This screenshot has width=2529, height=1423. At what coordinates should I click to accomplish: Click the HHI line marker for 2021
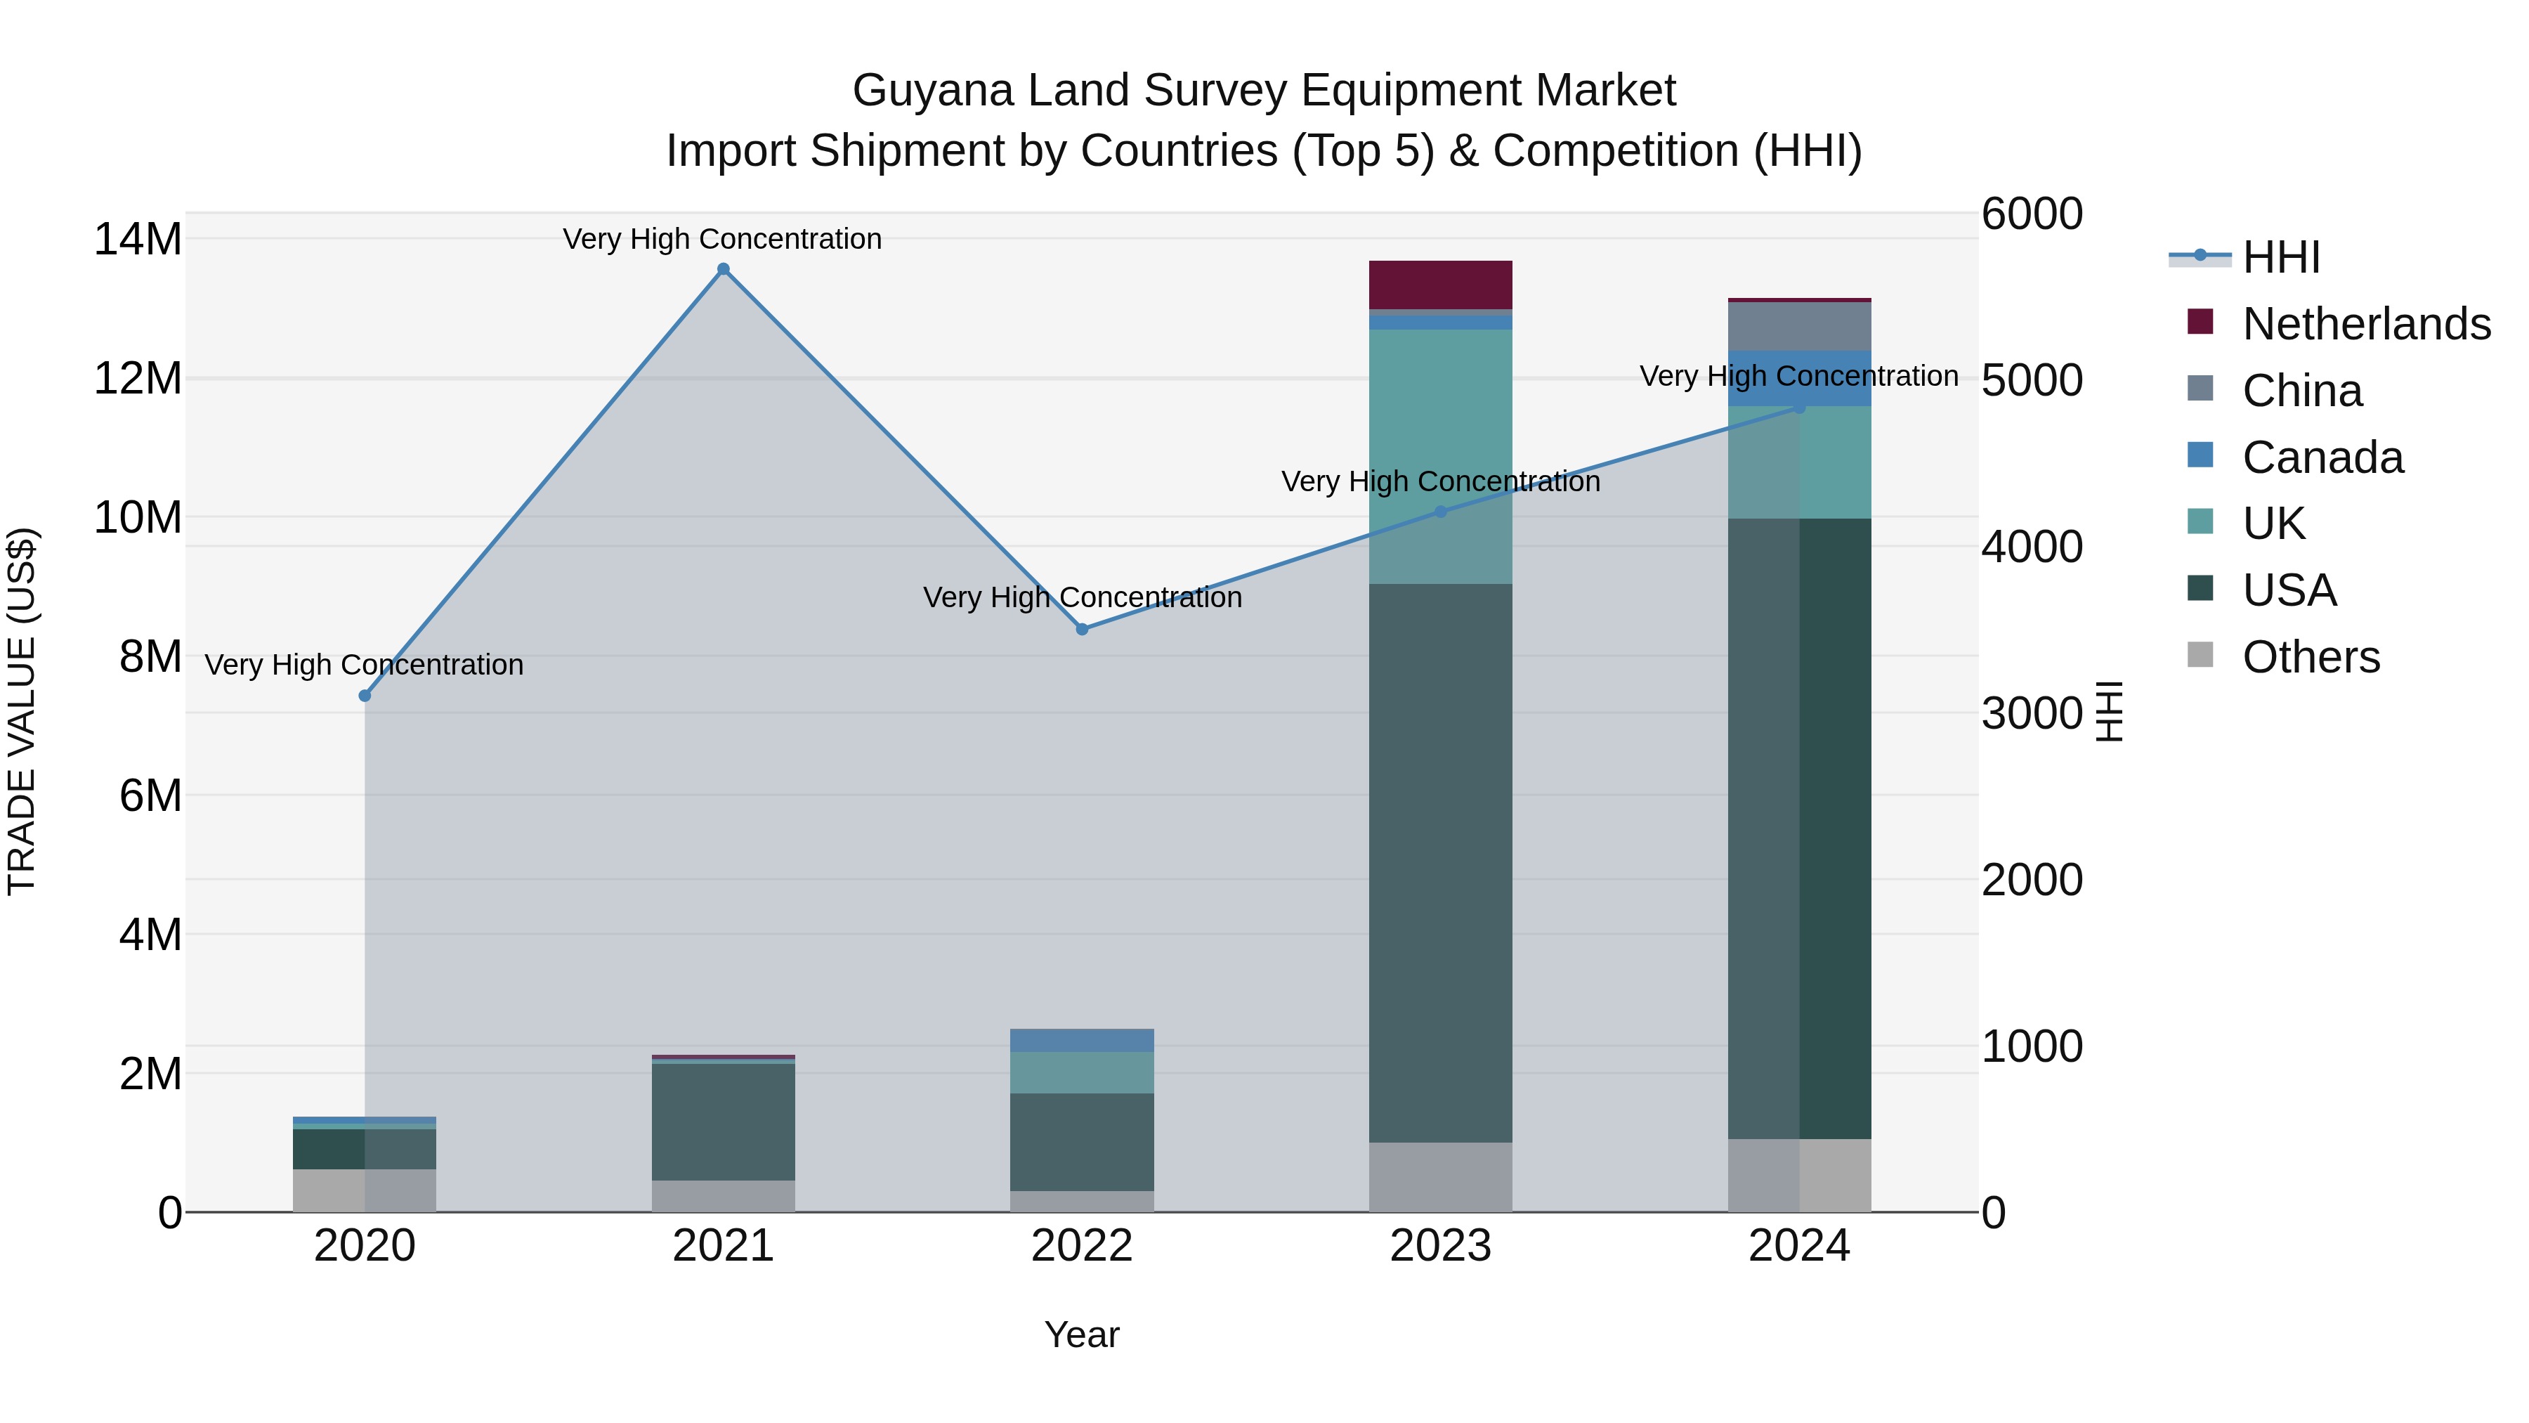click(x=724, y=269)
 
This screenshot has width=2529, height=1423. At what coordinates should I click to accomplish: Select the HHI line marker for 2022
click(x=1082, y=630)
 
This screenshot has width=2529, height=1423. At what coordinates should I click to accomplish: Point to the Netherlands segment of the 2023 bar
click(x=1440, y=285)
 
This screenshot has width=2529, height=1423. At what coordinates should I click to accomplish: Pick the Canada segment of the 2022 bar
click(x=1082, y=1040)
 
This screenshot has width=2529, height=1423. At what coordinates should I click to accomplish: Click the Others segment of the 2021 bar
click(x=724, y=1195)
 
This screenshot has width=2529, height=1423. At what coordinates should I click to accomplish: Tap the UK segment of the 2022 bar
click(x=1082, y=1072)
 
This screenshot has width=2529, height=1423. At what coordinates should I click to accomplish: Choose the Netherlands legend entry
click(x=2366, y=324)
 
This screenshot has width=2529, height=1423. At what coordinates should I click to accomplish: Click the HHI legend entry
click(x=2280, y=257)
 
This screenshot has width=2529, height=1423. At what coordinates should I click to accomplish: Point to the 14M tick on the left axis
click(x=138, y=240)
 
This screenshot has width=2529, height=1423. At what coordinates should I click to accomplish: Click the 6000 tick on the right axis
click(x=2031, y=214)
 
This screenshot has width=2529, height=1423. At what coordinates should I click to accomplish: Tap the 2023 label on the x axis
click(x=1440, y=1246)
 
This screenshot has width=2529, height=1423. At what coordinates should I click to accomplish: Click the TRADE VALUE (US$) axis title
click(x=22, y=711)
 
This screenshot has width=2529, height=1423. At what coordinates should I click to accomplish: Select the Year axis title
click(x=1082, y=1334)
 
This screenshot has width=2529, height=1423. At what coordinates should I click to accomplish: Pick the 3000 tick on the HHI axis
click(x=2031, y=714)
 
